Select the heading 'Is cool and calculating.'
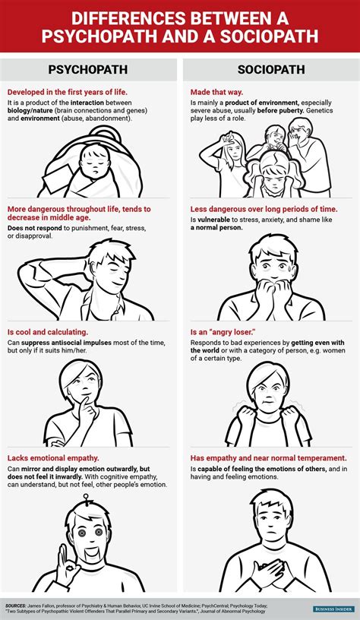[47, 332]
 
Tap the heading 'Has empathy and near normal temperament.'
[269, 458]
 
